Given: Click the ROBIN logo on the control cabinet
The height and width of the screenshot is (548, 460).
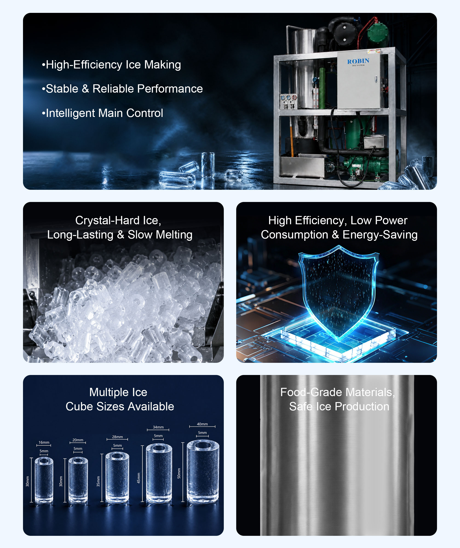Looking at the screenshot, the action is click(358, 62).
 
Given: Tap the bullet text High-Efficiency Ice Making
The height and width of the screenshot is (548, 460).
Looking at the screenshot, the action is click(111, 65).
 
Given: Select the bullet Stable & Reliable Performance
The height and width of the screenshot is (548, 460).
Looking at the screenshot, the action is click(122, 89).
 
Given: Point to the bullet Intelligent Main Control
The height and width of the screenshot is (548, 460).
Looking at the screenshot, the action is click(102, 113).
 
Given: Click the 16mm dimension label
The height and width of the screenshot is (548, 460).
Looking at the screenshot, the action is click(44, 442).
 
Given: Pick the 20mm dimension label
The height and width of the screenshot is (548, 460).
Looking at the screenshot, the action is click(78, 440).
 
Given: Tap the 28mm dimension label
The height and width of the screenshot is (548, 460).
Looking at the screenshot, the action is click(118, 437).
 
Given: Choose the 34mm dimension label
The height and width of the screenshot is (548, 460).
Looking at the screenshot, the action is click(158, 427).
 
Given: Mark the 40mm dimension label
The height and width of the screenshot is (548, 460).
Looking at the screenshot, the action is click(202, 424).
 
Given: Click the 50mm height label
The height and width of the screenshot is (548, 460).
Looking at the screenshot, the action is click(179, 473).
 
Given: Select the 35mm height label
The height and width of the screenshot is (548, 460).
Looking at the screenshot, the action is click(98, 481).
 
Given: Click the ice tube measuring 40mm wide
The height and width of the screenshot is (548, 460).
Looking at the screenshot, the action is click(203, 472).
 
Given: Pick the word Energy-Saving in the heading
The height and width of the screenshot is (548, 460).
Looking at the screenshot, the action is click(380, 235).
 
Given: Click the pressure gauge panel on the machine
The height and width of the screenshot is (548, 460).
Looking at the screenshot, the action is click(288, 101).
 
